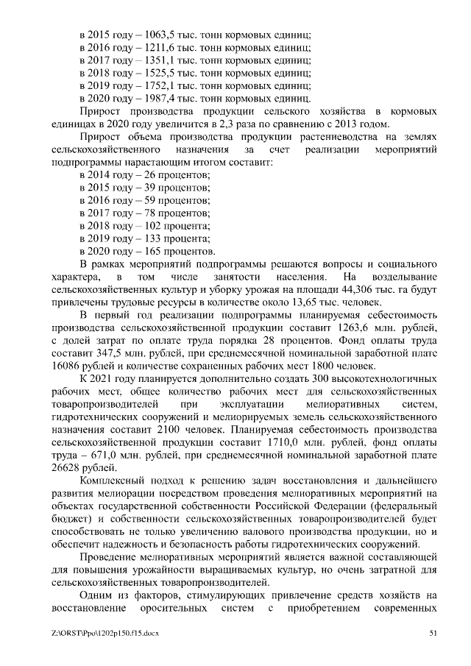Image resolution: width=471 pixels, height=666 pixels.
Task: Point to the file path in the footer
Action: point(107,632)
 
